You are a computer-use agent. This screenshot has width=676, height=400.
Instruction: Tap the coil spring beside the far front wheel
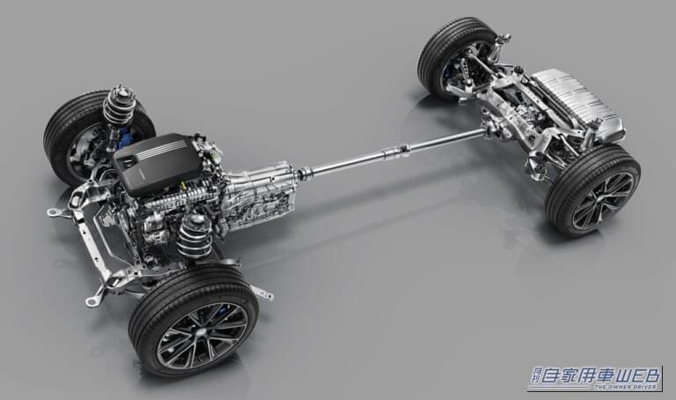120,105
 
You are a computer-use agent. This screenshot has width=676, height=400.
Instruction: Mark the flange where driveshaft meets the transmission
303,174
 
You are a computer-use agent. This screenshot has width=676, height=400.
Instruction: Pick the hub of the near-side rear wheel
602,200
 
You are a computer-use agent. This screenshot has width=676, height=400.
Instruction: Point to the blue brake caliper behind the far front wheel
125,137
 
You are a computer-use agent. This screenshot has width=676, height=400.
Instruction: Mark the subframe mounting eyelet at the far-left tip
54,212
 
